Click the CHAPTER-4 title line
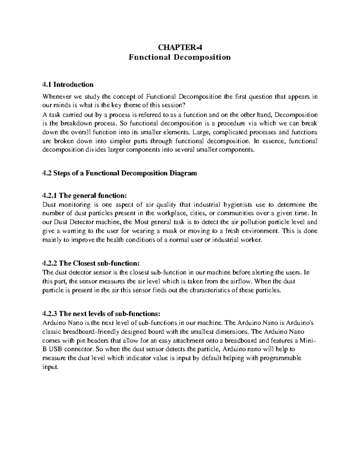[x=180, y=47]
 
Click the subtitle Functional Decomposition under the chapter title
[x=180, y=57]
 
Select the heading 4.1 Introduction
[x=68, y=85]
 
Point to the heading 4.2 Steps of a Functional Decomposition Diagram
[x=120, y=173]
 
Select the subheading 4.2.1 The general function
[x=85, y=196]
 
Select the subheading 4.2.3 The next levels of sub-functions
[x=102, y=314]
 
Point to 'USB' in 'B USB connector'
[x=56, y=349]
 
